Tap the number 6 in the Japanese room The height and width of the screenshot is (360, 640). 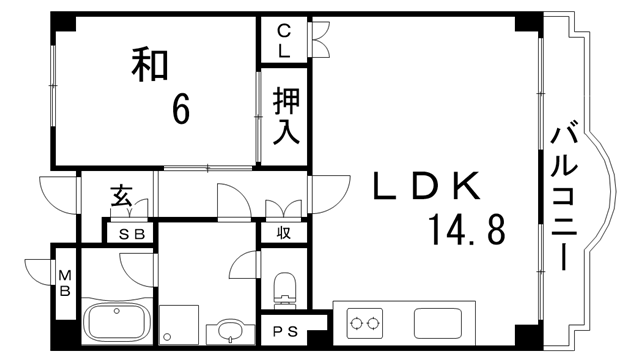tap(181, 108)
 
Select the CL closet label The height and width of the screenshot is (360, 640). tap(284, 39)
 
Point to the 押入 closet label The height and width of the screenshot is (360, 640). tap(287, 115)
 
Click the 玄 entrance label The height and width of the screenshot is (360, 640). tap(121, 196)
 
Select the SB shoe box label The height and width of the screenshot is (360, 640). tap(131, 233)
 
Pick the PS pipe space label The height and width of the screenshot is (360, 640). tap(284, 331)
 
